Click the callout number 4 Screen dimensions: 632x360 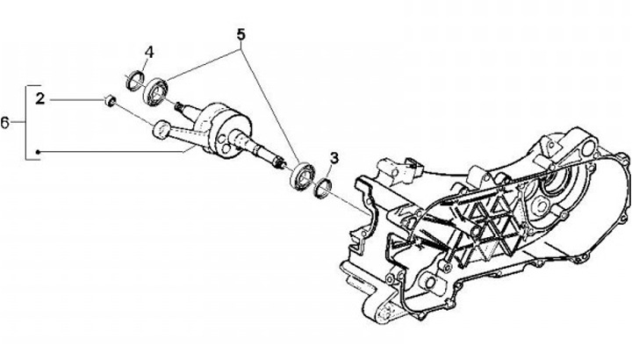[149, 52]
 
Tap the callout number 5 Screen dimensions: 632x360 [241, 36]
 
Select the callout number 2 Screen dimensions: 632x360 [39, 100]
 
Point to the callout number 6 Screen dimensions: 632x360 [6, 122]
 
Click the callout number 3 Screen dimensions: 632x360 [334, 157]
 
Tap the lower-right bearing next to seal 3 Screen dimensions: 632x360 [301, 176]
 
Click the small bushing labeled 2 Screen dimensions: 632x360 [110, 101]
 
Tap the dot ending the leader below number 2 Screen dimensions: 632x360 [39, 154]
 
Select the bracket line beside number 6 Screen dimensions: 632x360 [27, 122]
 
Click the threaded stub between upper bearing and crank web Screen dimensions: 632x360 [187, 108]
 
